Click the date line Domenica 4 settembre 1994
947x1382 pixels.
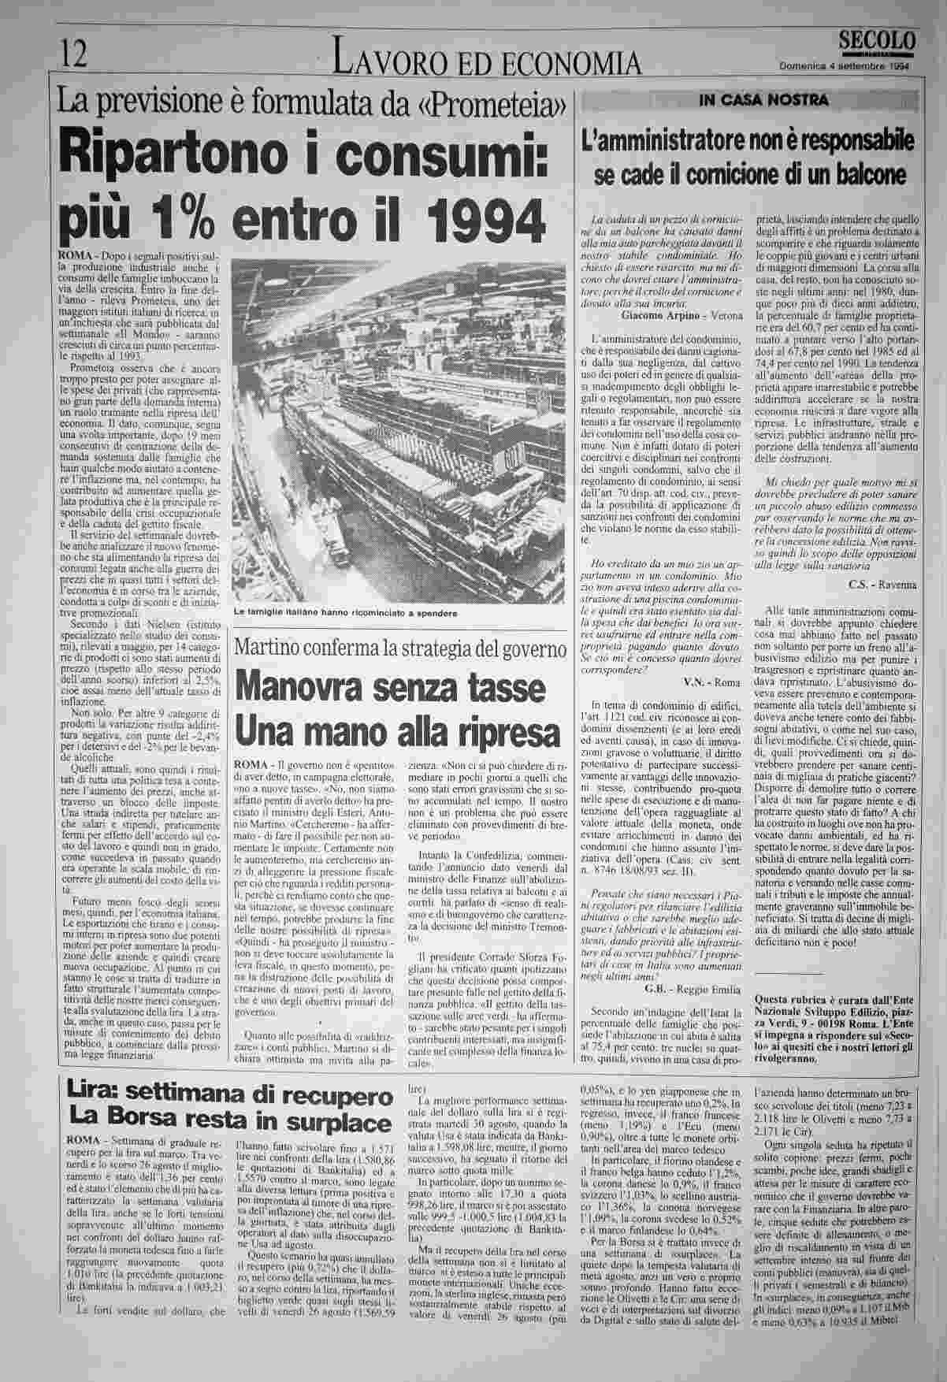click(x=845, y=66)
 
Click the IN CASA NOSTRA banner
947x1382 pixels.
click(x=752, y=100)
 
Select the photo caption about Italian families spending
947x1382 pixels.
click(x=345, y=612)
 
